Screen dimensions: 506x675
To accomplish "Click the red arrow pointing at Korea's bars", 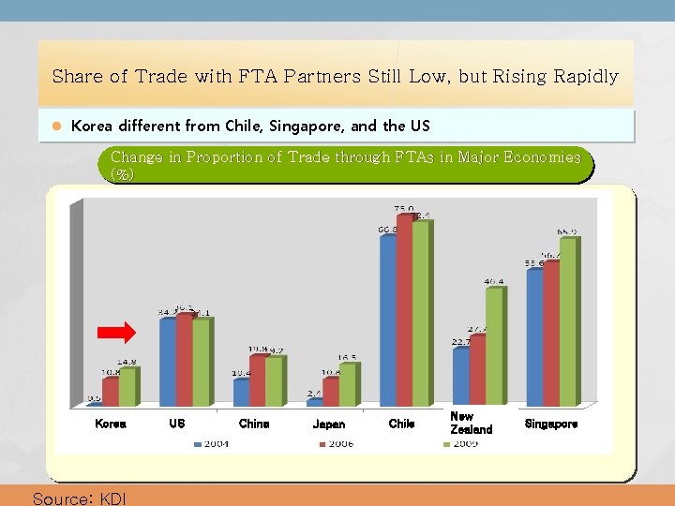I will pos(117,332).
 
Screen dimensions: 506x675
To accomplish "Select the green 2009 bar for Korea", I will pos(127,386).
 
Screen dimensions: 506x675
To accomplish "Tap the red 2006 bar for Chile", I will pos(404,309).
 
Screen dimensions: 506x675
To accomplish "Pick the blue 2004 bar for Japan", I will pos(314,402).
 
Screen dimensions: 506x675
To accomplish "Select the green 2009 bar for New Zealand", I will pos(494,346).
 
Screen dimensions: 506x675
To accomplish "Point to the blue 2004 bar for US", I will pos(168,361).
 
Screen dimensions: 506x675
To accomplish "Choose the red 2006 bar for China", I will pos(258,380).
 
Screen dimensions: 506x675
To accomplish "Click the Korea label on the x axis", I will pos(110,424).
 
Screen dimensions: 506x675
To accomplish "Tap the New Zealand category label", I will pos(471,423).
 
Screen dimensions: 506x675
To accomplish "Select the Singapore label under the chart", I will pos(550,424).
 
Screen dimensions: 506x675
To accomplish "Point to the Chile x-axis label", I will pos(401,424).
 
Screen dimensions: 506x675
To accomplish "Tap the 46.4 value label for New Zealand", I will pos(494,280).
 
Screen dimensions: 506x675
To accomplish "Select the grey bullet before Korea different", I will pos(55,126).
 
